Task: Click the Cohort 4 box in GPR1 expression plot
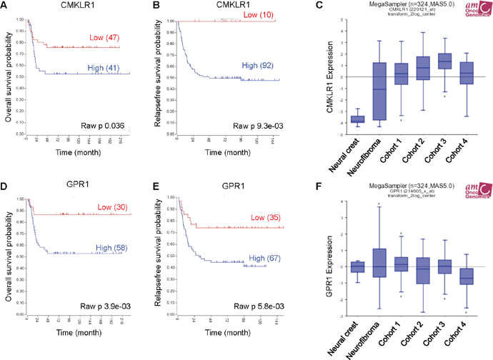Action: [466, 276]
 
